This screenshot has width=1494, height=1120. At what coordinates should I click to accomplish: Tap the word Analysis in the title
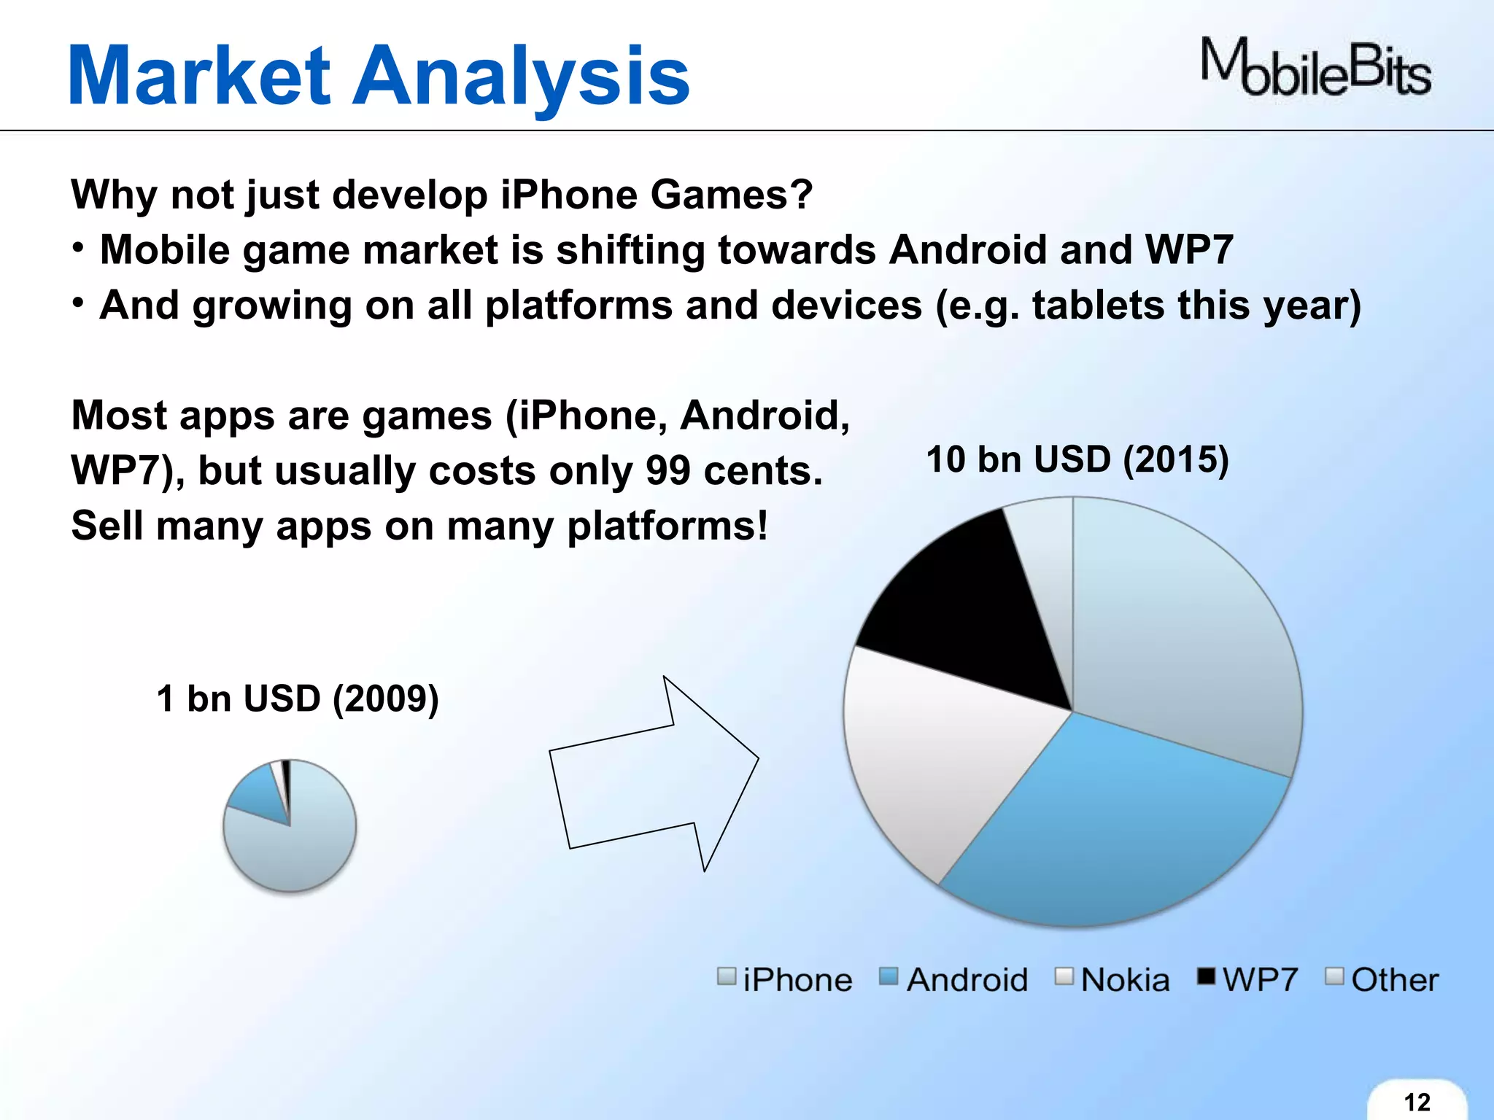(x=521, y=76)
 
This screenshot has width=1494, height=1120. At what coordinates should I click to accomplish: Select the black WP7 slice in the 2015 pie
(x=963, y=612)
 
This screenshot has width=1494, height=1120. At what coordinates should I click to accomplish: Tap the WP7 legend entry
(x=1248, y=979)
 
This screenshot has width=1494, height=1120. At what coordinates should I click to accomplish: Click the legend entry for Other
(x=1382, y=979)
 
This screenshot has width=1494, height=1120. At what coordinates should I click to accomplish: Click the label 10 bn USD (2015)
(x=1077, y=460)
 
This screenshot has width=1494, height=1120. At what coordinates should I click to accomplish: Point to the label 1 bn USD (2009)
(x=298, y=699)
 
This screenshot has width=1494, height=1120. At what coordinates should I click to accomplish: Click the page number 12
(x=1417, y=1102)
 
